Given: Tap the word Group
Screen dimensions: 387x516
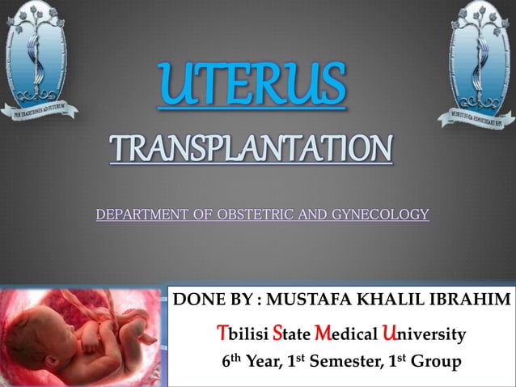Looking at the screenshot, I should (437, 361).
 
